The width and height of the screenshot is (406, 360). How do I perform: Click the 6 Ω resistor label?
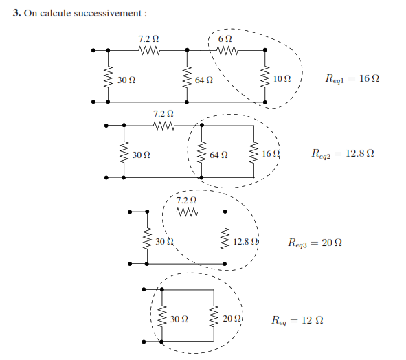[x=225, y=39]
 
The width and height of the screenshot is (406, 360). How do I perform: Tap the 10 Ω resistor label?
[x=282, y=78]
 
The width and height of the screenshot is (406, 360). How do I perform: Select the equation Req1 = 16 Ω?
[x=352, y=78]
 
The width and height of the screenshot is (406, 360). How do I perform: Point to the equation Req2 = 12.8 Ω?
[x=343, y=154]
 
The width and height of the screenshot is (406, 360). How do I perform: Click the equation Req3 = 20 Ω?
[x=315, y=243]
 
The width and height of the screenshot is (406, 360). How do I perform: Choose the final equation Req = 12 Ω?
[x=297, y=320]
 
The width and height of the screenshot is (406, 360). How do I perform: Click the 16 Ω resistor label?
[x=271, y=154]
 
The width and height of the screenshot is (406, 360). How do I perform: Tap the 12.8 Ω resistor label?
[x=245, y=242]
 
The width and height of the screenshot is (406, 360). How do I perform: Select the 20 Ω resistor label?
[x=232, y=318]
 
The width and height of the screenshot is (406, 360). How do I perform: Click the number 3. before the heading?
[x=16, y=13]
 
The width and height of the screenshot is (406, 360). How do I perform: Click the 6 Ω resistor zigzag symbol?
[x=227, y=50]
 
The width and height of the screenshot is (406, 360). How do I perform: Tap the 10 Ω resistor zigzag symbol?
[x=265, y=76]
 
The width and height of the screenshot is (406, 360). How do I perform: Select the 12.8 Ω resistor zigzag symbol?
[x=225, y=238]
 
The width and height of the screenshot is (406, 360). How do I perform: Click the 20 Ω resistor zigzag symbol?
[x=214, y=316]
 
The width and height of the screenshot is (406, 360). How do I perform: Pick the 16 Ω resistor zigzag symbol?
[x=253, y=153]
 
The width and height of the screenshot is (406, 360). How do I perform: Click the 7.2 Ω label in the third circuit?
[x=186, y=200]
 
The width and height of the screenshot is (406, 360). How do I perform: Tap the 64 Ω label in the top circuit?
[x=204, y=80]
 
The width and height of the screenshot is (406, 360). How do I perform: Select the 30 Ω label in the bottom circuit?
[x=179, y=319]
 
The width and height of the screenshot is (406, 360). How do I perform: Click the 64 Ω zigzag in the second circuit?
[x=201, y=153]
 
